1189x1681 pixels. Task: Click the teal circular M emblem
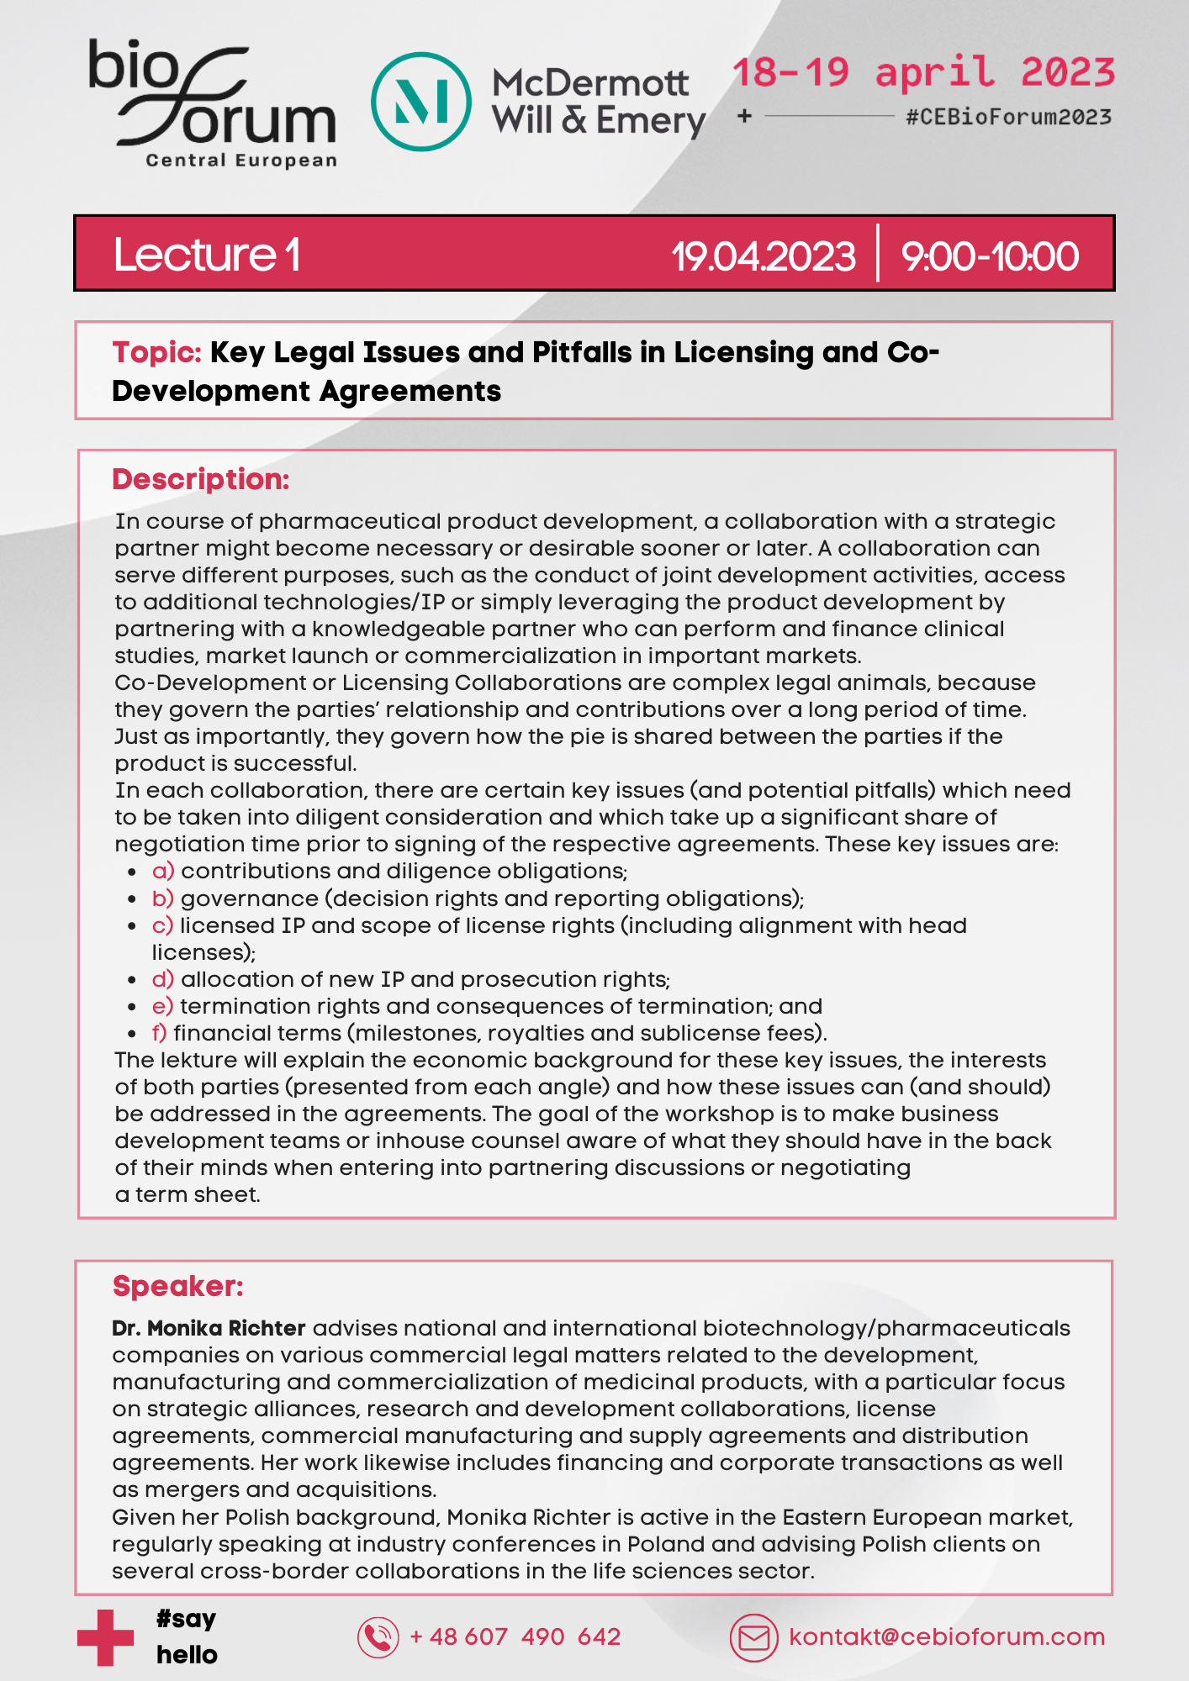421,102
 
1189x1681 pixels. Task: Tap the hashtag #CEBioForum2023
1008,117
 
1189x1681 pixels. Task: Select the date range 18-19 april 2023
922,73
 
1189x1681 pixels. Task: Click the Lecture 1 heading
207,255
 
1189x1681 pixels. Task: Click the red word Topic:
156,352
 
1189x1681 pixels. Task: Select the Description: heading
200,479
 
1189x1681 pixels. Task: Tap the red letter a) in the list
163,871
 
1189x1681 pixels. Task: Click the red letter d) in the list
163,979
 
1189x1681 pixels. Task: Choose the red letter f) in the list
160,1033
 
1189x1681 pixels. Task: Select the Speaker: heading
177,1286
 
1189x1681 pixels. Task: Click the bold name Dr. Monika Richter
209,1328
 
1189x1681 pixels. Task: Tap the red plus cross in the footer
105,1637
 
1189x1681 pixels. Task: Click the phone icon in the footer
378,1637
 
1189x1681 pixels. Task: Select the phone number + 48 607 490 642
515,1637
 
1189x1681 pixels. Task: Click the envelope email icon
753,1637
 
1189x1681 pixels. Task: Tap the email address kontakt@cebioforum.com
947,1637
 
